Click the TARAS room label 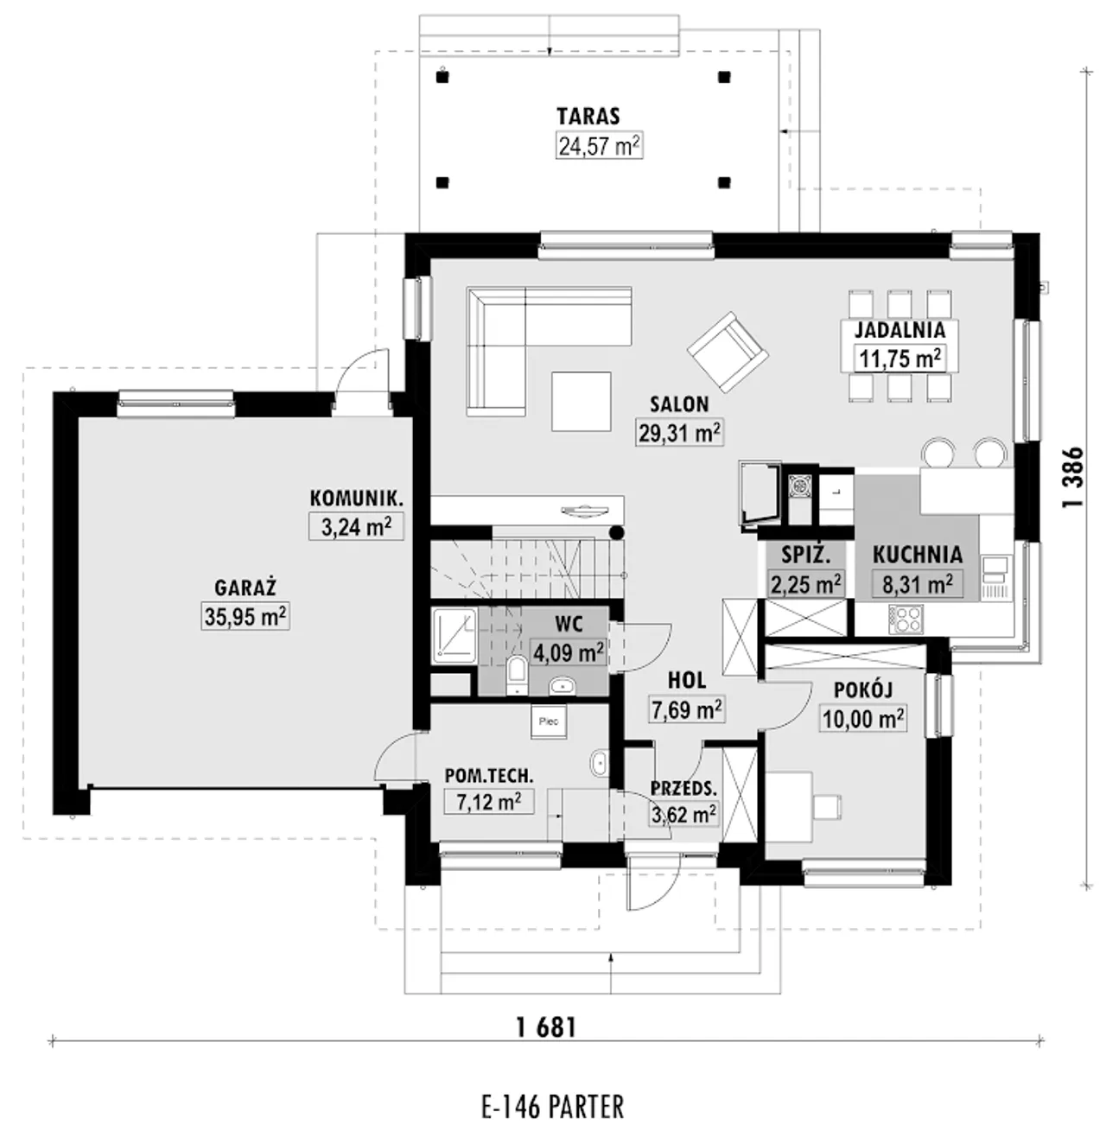[588, 117]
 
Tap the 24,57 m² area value [599, 146]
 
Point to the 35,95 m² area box [246, 617]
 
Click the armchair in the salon [728, 352]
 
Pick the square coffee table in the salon [582, 402]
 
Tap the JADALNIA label [899, 330]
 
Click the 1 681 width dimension [546, 1028]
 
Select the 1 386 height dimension [1072, 477]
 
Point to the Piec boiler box [549, 721]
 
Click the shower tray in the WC [454, 635]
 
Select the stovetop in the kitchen [906, 620]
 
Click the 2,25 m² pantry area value [805, 584]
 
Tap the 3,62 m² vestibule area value [683, 814]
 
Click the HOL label [686, 681]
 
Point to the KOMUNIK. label [356, 498]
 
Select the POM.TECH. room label [489, 775]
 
